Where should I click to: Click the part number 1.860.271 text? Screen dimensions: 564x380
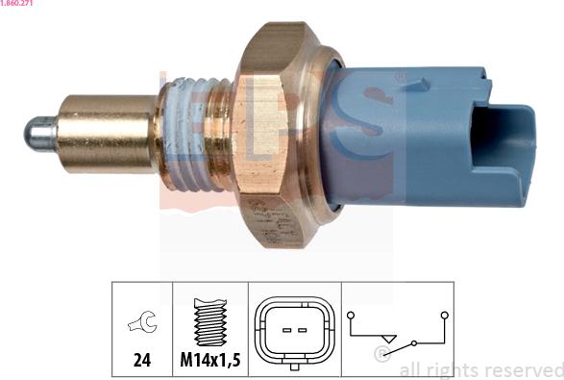(x=16, y=3)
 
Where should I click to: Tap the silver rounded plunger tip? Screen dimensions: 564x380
(x=39, y=134)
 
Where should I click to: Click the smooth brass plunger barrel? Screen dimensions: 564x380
(x=106, y=134)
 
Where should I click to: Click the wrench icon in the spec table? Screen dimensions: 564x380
(x=142, y=321)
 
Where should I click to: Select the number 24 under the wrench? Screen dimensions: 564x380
(x=142, y=360)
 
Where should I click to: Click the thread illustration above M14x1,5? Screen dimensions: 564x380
(x=210, y=321)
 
